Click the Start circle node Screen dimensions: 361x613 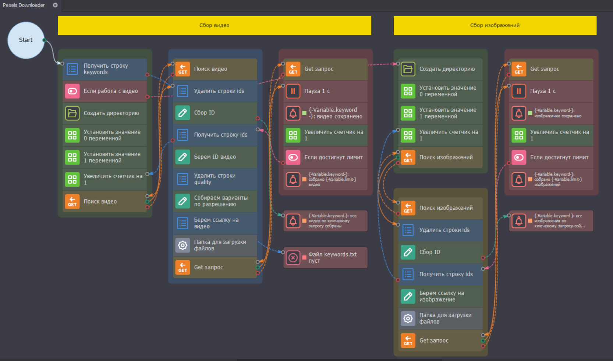click(26, 40)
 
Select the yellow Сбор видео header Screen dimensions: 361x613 click(214, 25)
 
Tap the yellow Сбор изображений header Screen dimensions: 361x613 click(495, 25)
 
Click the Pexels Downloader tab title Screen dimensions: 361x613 click(24, 5)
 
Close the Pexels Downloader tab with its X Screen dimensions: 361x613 click(55, 5)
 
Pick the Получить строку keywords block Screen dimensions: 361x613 click(105, 69)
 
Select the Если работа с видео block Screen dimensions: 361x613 click(105, 91)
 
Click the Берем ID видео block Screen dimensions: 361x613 click(215, 157)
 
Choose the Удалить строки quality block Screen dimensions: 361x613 click(215, 179)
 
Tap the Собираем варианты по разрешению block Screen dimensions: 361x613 click(215, 201)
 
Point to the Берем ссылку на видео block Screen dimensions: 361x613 click(215, 223)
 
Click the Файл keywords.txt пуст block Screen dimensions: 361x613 click(326, 258)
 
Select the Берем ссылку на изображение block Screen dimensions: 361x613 click(440, 297)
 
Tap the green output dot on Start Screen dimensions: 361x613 click(44, 40)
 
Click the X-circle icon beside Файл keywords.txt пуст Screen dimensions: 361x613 click(293, 258)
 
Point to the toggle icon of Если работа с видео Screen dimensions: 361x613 click(72, 91)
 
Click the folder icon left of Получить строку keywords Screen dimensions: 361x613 click(72, 69)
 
